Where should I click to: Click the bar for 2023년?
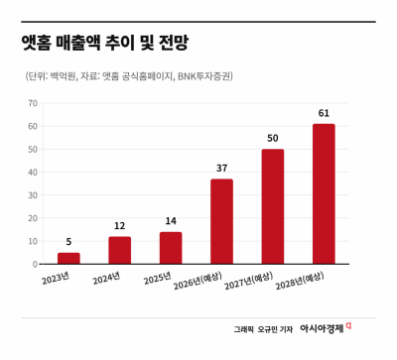(68, 258)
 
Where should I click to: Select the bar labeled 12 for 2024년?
(120, 250)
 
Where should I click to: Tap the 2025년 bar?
(171, 248)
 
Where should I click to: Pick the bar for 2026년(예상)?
(221, 221)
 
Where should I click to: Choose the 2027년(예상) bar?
(273, 206)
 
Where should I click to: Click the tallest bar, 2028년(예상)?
(324, 194)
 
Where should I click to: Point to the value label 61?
(324, 113)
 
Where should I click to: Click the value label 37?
(221, 169)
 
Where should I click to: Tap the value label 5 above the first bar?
(68, 242)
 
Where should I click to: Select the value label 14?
(171, 221)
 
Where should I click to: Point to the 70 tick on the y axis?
(33, 103)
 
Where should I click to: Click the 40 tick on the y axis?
(33, 173)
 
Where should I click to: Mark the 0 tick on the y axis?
(36, 264)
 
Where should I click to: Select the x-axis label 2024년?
(106, 278)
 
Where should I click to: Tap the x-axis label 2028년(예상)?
(300, 281)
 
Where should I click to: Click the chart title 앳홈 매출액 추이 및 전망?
(104, 43)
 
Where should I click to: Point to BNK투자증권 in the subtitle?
(204, 76)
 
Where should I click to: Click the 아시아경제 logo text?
(322, 328)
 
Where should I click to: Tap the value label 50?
(273, 138)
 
